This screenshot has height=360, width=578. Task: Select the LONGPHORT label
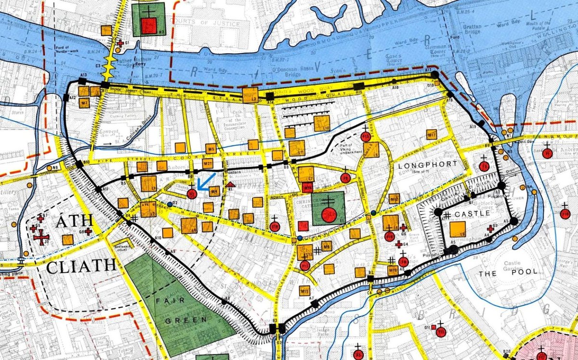[421, 165]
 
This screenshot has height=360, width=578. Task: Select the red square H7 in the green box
[149, 26]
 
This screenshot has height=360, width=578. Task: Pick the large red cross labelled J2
[42, 237]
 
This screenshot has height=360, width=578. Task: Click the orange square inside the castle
[457, 229]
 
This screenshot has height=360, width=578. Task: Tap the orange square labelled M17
[431, 135]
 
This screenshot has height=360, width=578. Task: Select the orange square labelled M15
[304, 290]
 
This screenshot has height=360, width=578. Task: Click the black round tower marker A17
[435, 75]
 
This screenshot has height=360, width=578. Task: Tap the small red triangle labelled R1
[231, 184]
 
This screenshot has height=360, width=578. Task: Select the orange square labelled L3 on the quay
[250, 95]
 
